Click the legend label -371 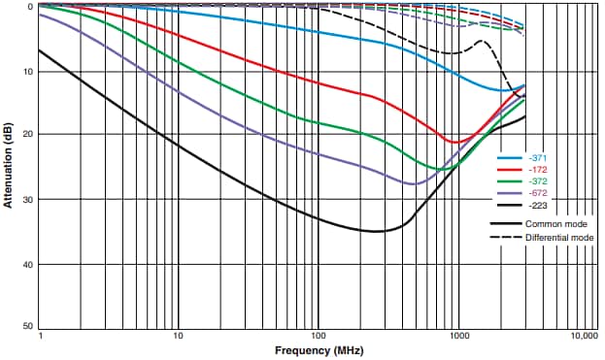(x=537, y=157)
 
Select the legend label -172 (x=537, y=169)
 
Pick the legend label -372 (x=537, y=181)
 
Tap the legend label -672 (x=537, y=193)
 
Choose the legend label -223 (x=537, y=206)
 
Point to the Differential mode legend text (x=558, y=237)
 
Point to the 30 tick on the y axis (x=30, y=200)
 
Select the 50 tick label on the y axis (x=30, y=329)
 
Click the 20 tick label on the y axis (x=30, y=135)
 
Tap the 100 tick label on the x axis (x=317, y=336)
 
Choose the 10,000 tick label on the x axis (x=585, y=336)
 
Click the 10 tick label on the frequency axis (x=178, y=336)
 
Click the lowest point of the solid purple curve (x=415, y=183)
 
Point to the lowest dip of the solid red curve (x=455, y=143)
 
